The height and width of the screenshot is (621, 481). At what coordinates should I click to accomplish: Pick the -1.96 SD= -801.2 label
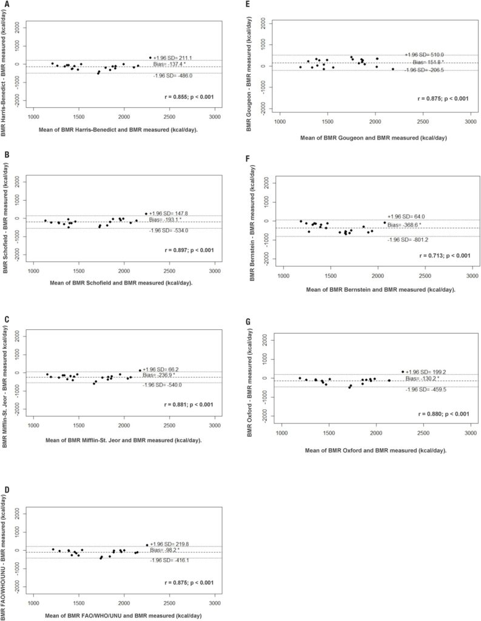(x=411, y=240)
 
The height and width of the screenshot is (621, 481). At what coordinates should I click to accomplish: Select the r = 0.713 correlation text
(x=437, y=255)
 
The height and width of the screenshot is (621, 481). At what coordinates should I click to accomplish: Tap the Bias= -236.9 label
(x=163, y=375)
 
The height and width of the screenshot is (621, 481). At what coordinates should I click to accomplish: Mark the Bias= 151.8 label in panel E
(x=428, y=62)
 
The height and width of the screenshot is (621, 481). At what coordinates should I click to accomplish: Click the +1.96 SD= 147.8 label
(x=172, y=213)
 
